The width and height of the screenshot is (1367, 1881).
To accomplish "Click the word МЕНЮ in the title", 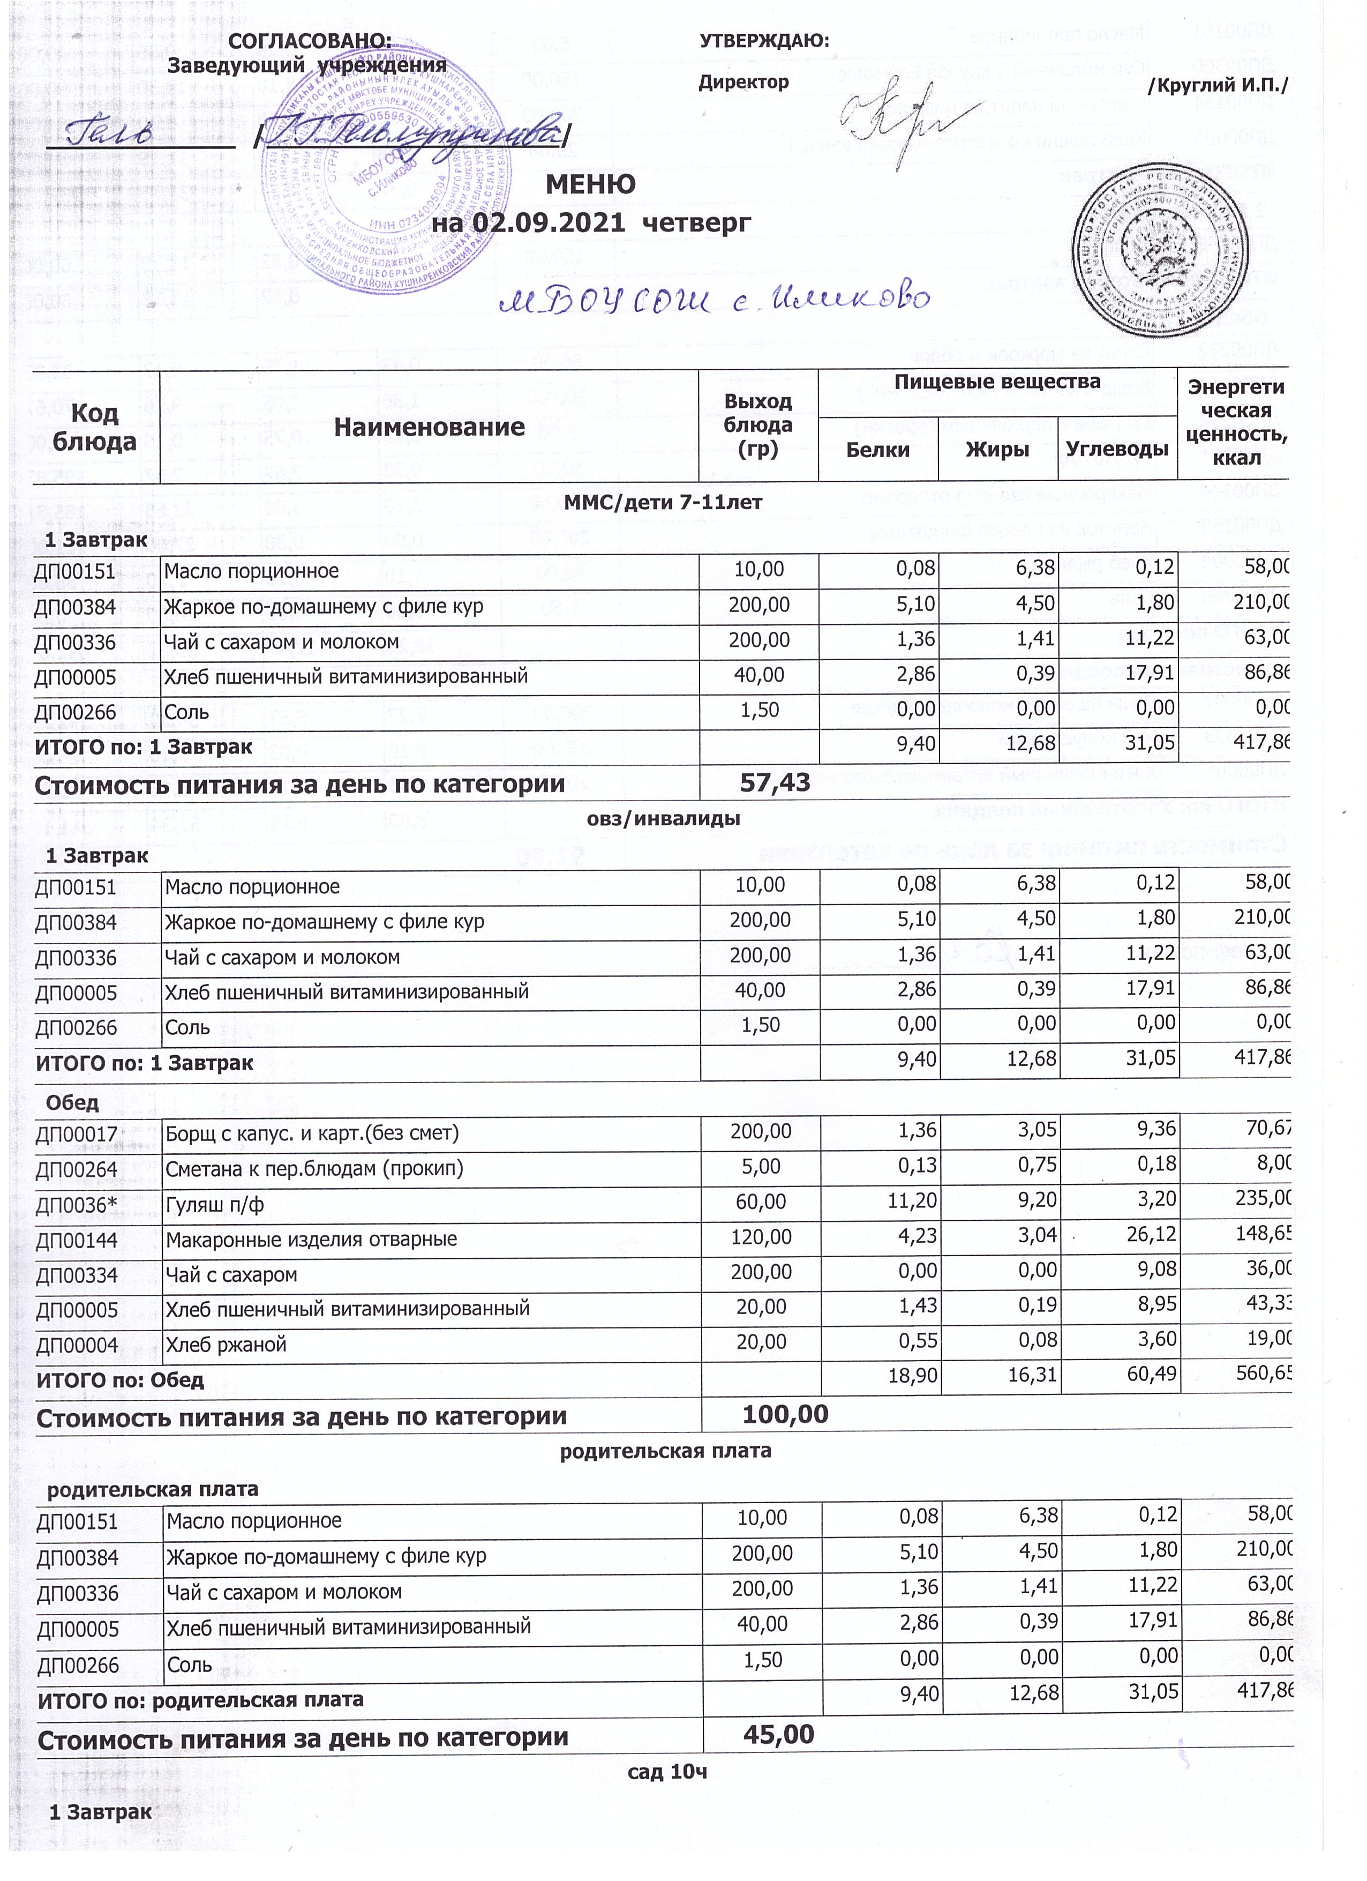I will [x=590, y=183].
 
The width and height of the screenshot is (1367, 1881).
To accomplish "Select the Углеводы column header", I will [x=1117, y=450].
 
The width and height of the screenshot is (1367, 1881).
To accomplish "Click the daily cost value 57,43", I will [x=774, y=782].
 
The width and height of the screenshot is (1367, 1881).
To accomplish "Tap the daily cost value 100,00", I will [x=785, y=1415].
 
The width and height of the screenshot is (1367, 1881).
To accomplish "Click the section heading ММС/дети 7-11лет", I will [x=663, y=502].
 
